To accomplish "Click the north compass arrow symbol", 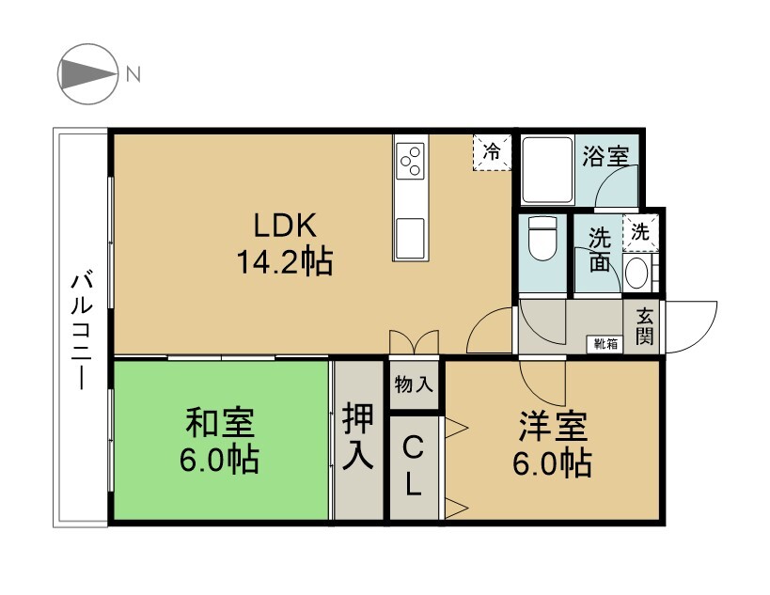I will (x=86, y=73).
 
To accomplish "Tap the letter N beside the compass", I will (x=134, y=73).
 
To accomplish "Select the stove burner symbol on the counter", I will (x=411, y=164).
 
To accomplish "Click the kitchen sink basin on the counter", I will (x=411, y=237).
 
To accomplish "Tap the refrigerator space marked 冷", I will (x=493, y=152).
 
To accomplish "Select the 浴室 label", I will (x=605, y=155).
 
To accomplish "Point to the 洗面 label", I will (x=600, y=250).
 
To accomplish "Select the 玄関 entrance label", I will (x=644, y=326).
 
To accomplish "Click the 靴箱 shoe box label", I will (x=605, y=343).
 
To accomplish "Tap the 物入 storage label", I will (x=414, y=384).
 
